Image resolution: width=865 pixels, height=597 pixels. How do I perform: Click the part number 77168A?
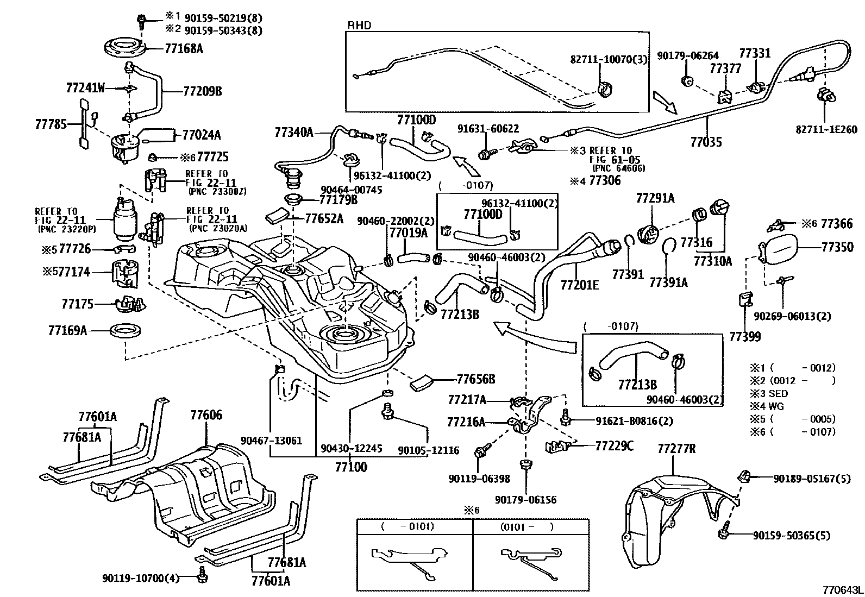[184, 49]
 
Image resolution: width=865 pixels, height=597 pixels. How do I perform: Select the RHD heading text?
[359, 26]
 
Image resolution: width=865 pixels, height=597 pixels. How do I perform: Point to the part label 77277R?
[676, 449]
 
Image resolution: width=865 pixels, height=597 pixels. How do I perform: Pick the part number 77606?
[206, 416]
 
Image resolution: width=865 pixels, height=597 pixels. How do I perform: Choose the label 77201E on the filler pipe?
[579, 284]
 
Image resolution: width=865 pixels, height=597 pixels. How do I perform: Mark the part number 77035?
[706, 142]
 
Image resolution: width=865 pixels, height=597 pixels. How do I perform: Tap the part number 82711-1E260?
[825, 129]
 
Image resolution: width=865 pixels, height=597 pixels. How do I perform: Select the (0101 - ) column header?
[526, 526]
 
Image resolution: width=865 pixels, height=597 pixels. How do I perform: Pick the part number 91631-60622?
[488, 129]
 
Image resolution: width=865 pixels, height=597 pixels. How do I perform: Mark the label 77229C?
[614, 446]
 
